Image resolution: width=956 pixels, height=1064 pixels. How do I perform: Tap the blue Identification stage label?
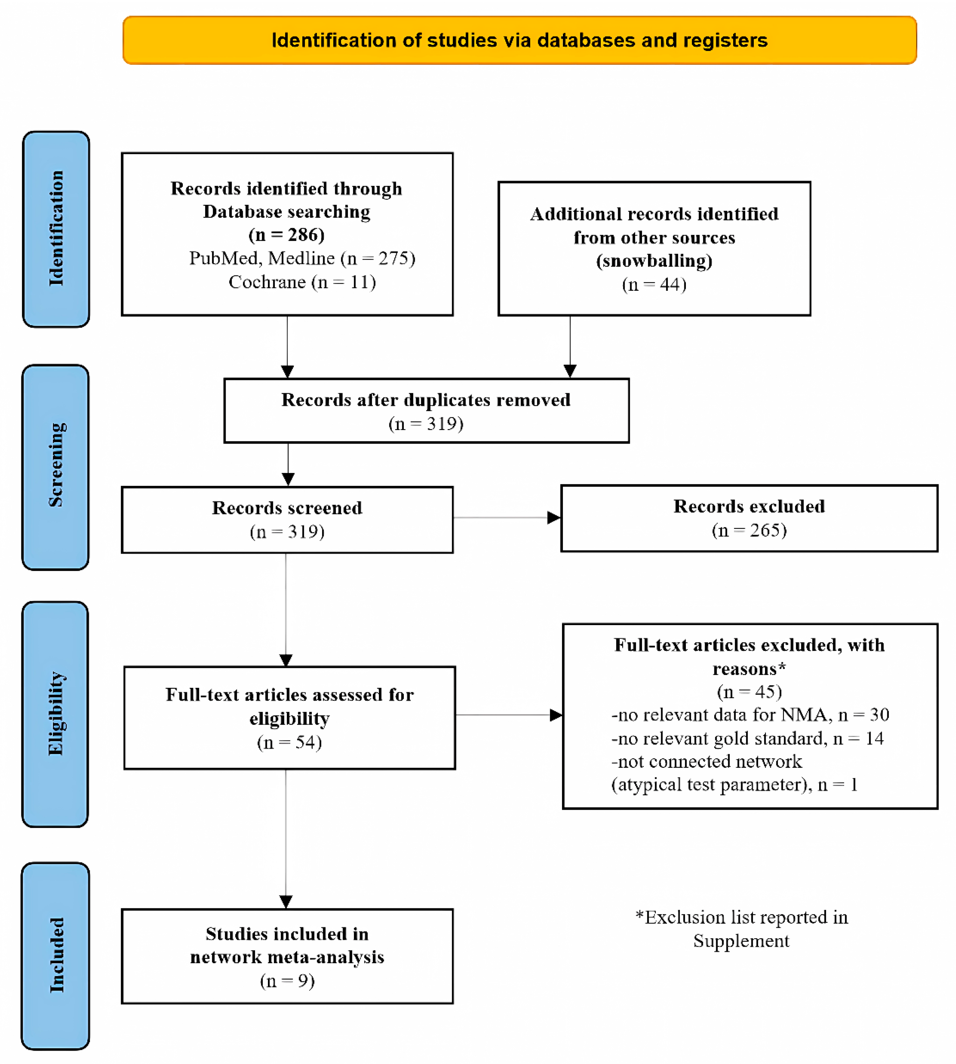[x=56, y=229]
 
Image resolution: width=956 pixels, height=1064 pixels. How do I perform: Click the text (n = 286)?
[x=287, y=235]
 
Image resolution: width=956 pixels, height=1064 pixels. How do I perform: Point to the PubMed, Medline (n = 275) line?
[x=302, y=258]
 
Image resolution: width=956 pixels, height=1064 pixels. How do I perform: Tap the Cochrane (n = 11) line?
[x=302, y=282]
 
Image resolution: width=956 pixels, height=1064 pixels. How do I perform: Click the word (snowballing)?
[x=654, y=261]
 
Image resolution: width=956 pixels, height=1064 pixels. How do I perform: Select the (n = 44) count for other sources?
[x=654, y=284]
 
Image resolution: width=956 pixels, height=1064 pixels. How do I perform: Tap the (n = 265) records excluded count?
[x=749, y=530]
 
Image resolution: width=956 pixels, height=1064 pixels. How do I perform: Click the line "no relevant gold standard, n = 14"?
[x=747, y=739]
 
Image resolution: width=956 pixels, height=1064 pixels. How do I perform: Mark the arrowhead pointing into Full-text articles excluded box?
[x=556, y=715]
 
